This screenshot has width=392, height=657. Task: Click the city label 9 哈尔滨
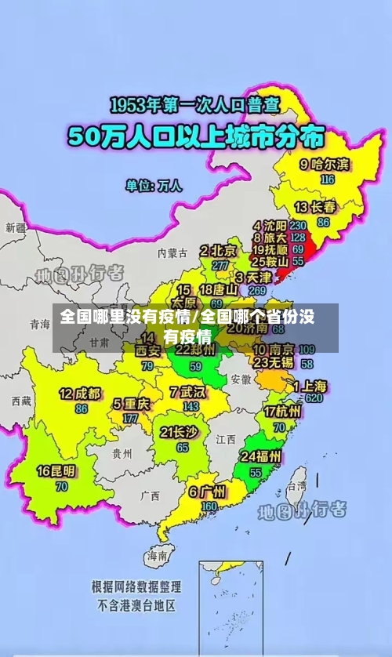[325, 165]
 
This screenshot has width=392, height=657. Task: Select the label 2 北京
[218, 251]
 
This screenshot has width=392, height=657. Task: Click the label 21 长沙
[180, 432]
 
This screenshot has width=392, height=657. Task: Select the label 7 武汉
[187, 391]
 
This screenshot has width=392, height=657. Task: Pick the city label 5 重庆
[131, 405]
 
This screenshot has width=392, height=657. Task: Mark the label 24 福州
[262, 456]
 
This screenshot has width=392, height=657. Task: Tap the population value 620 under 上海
[314, 398]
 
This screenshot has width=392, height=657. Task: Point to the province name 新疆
[16, 227]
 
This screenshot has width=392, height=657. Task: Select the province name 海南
[157, 556]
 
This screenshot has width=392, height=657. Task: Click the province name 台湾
[297, 486]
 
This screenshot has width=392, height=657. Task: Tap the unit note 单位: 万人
[154, 186]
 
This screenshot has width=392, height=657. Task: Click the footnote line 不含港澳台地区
[136, 605]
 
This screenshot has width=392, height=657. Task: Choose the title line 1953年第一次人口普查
[196, 104]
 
